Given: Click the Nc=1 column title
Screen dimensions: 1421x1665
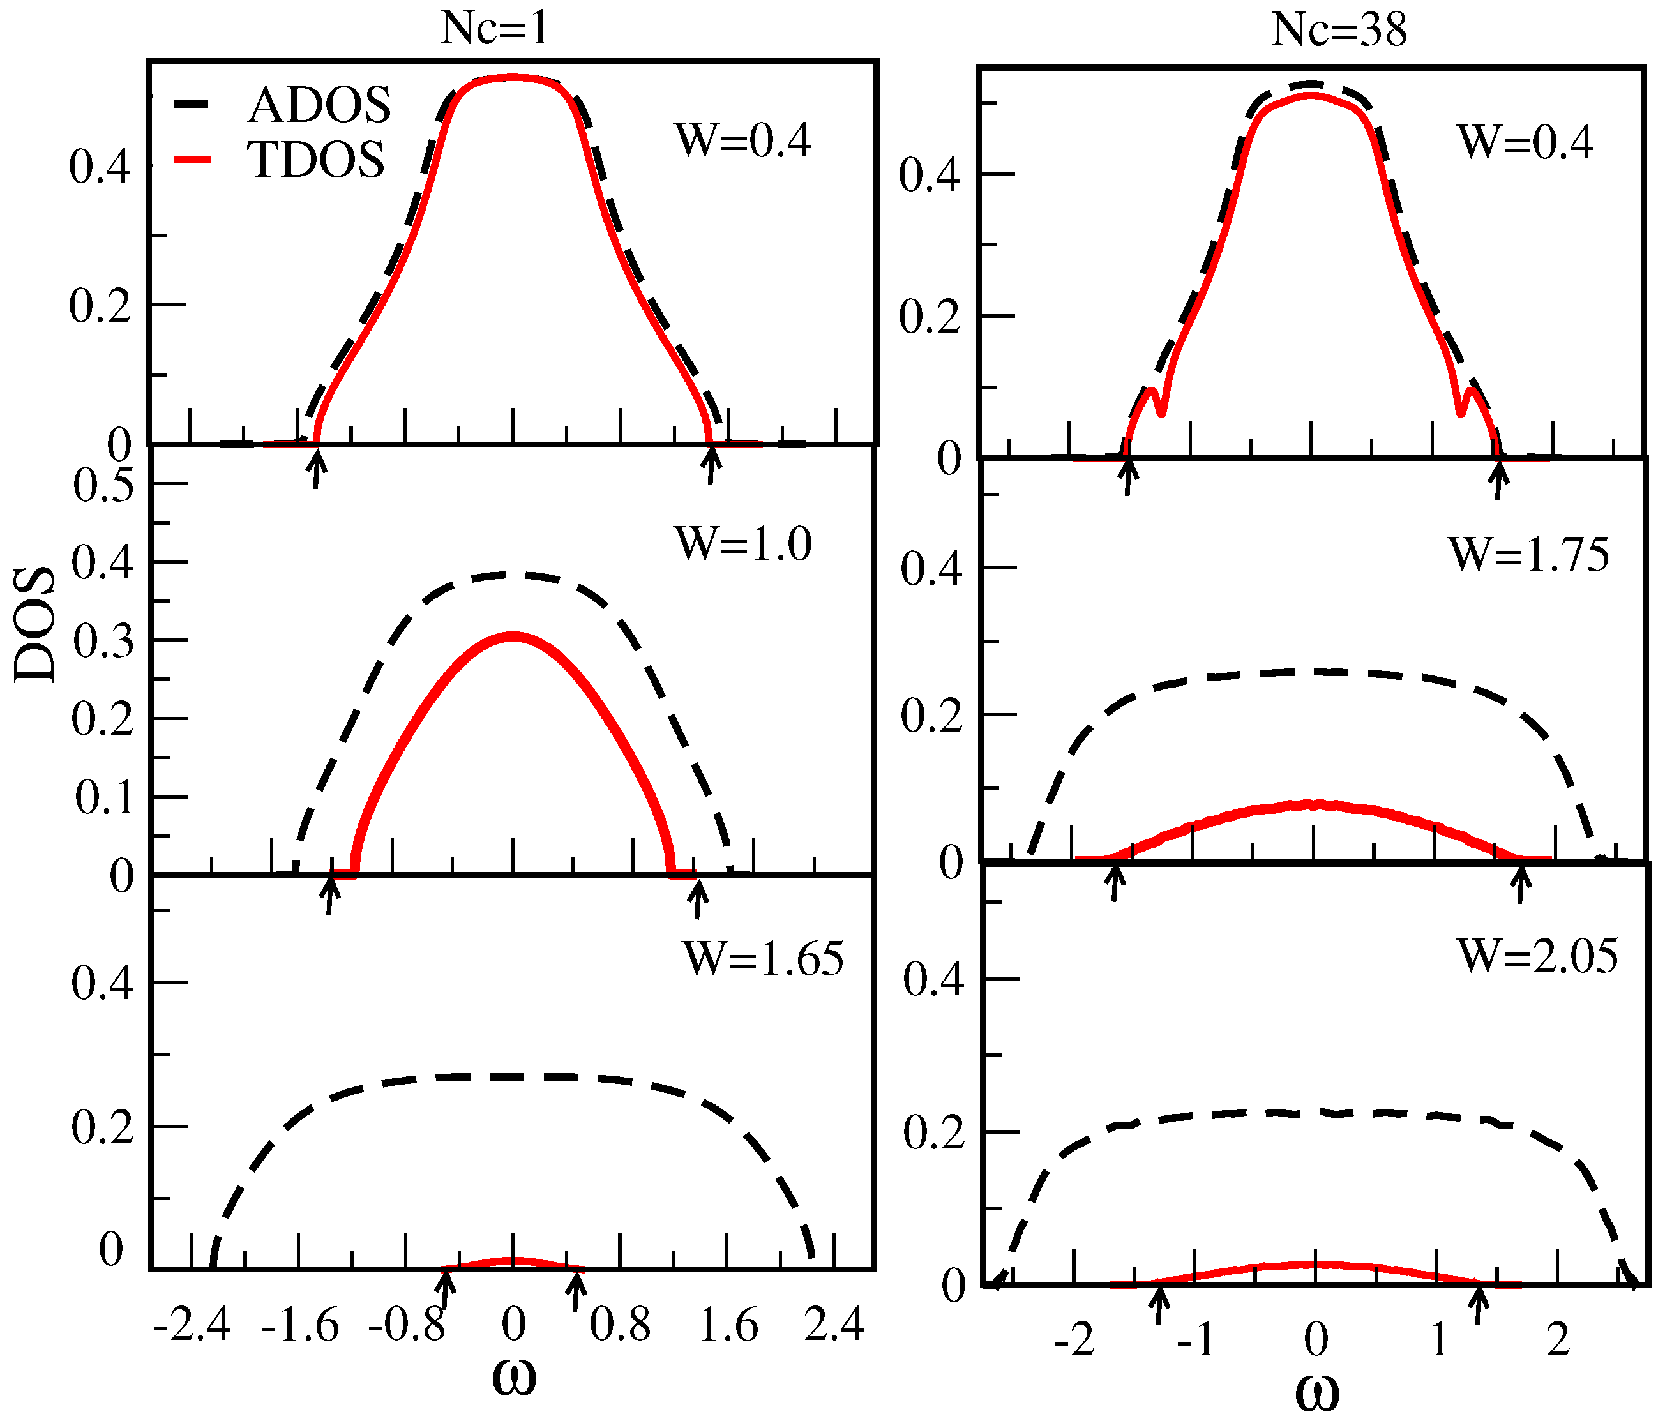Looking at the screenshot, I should click(x=494, y=30).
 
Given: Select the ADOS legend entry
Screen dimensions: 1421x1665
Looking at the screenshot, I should click(x=319, y=105).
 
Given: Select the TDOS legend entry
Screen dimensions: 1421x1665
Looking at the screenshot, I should click(x=316, y=160).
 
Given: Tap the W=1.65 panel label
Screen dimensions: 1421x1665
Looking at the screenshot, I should click(x=762, y=958).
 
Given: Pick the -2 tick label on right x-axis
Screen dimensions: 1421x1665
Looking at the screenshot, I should click(x=1074, y=1341).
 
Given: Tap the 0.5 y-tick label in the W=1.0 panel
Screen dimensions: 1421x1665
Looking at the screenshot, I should click(x=103, y=486).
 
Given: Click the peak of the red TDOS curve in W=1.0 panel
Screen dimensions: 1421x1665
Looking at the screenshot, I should click(x=513, y=636).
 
